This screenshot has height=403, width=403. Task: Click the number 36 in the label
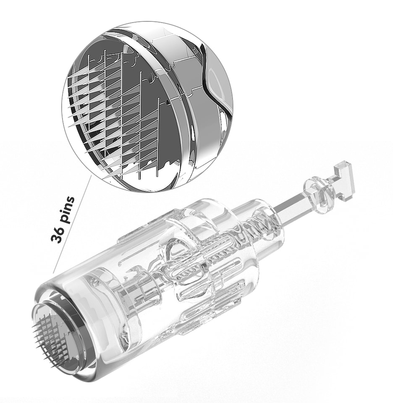(x=58, y=234)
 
